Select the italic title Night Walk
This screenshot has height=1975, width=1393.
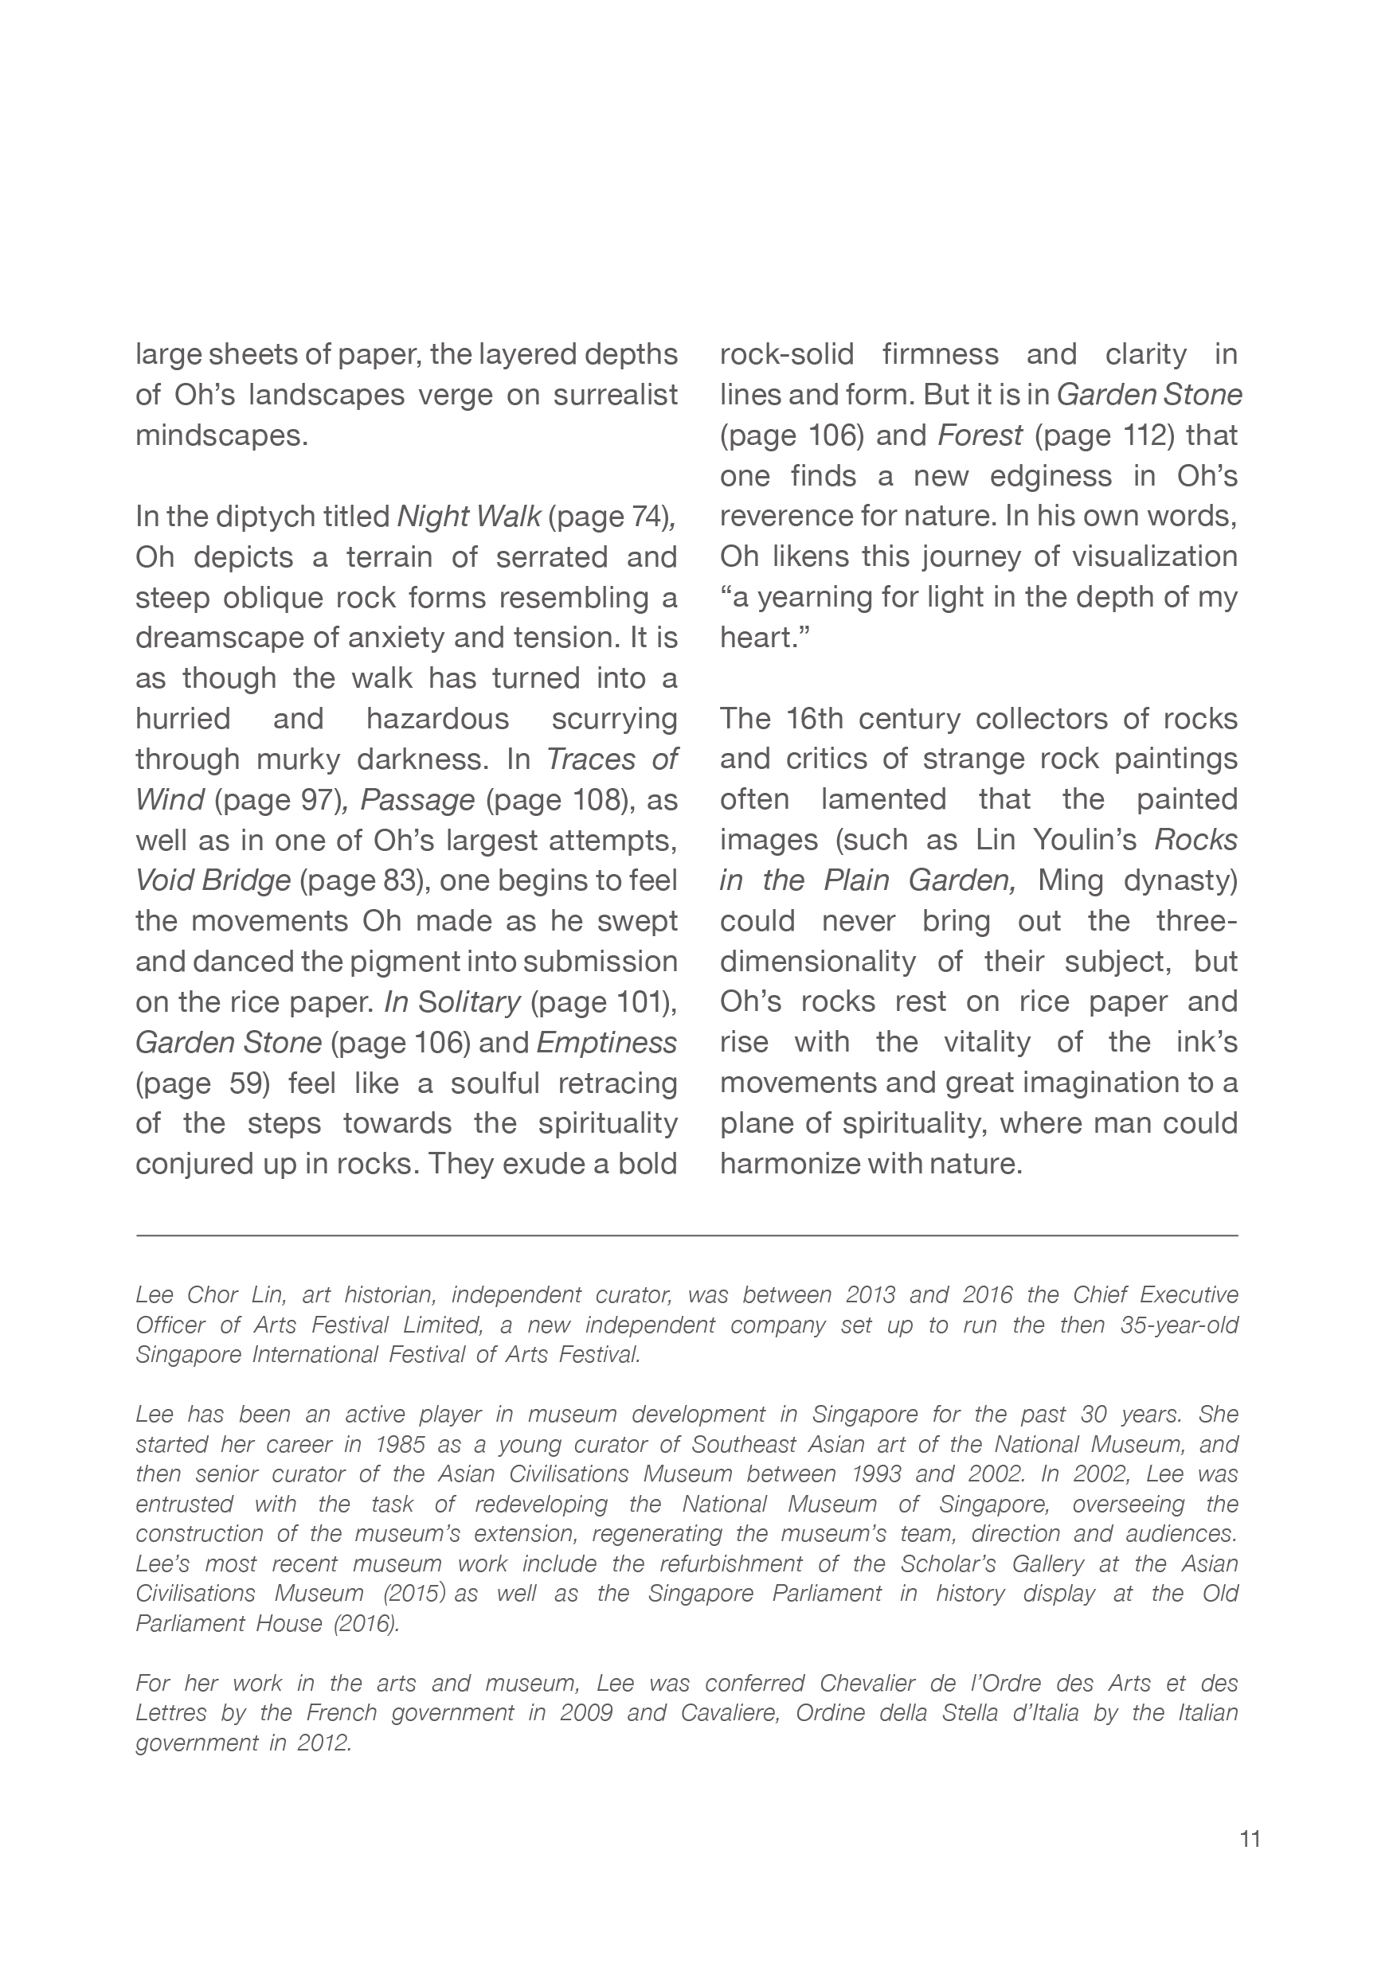468,517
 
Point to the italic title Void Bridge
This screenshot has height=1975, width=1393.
213,881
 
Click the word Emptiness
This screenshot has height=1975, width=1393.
607,1043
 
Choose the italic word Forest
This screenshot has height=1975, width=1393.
979,436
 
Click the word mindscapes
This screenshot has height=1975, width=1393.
221,436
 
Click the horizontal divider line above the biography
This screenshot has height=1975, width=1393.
687,1235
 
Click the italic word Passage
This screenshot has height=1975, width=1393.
417,800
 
